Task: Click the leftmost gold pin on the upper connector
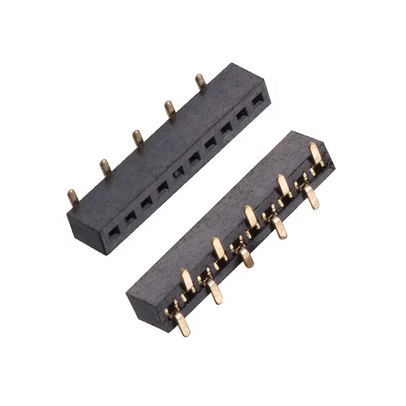pyautogui.click(x=74, y=197)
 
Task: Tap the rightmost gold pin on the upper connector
pyautogui.click(x=200, y=81)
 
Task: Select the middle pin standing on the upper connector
pyautogui.click(x=138, y=137)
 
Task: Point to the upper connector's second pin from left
pyautogui.click(x=105, y=167)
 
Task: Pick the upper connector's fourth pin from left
pyautogui.click(x=170, y=108)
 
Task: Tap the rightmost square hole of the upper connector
pyautogui.click(x=258, y=100)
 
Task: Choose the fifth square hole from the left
pyautogui.click(x=180, y=171)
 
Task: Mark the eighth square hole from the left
pyautogui.click(x=226, y=128)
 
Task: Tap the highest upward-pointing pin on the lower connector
pyautogui.click(x=315, y=153)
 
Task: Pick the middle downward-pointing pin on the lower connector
pyautogui.click(x=246, y=257)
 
